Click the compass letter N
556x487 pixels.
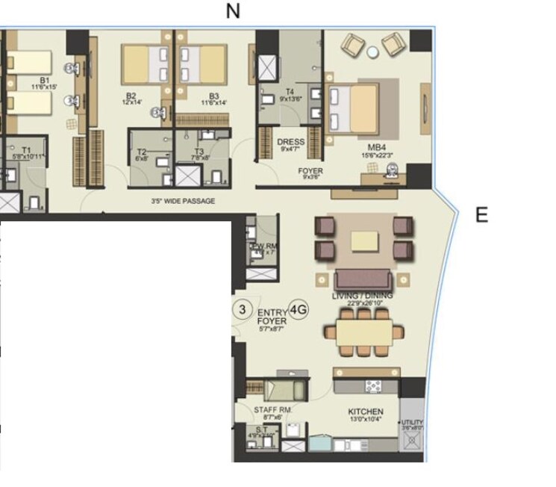point(234,11)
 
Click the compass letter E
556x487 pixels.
point(481,216)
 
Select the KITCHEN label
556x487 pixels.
point(366,412)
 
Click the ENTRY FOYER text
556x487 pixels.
point(272,317)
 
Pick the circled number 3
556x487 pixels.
point(241,308)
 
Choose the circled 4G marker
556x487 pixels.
point(299,308)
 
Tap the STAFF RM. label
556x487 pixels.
point(272,411)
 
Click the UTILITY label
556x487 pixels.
point(412,423)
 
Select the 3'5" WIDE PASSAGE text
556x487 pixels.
point(182,202)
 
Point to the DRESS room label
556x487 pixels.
point(291,141)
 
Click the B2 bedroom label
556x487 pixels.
point(131,96)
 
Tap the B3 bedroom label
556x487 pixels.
point(213,96)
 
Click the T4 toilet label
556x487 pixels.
point(290,93)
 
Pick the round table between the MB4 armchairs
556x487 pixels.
point(372,51)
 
